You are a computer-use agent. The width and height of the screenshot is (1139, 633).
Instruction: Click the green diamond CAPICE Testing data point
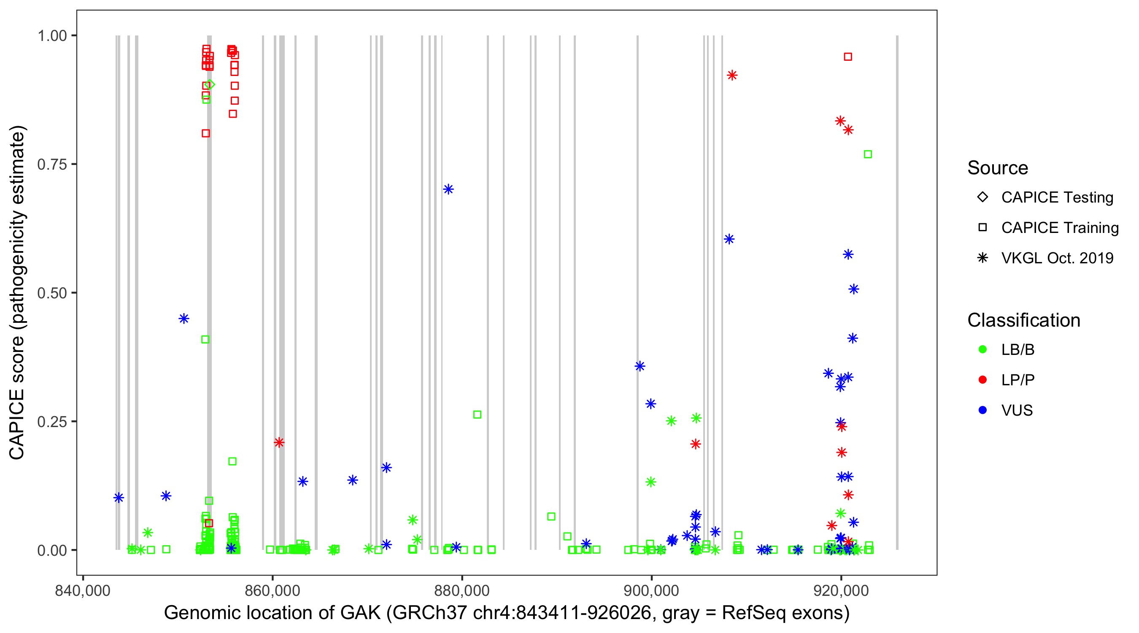point(211,84)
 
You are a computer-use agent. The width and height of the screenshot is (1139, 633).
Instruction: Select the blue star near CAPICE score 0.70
point(448,189)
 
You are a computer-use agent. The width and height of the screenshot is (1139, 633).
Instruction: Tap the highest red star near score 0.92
point(732,75)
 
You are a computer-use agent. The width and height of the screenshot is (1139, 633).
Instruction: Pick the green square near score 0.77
point(868,154)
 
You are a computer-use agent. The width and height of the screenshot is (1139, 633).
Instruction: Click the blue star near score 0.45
point(184,319)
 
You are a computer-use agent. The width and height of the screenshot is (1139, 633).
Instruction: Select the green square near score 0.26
point(477,414)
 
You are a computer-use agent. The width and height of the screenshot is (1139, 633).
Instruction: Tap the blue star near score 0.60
point(729,239)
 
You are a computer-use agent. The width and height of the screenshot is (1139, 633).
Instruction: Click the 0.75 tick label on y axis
point(52,165)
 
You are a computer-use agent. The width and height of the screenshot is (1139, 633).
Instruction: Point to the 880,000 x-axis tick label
point(462,591)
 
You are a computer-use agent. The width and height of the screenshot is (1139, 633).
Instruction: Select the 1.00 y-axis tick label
point(52,36)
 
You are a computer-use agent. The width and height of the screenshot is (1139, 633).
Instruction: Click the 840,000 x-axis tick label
point(83,591)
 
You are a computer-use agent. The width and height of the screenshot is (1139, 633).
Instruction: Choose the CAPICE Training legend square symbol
point(982,227)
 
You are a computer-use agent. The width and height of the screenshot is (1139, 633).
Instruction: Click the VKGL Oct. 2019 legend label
point(1057,258)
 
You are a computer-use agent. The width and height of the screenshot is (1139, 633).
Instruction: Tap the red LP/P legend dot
point(982,380)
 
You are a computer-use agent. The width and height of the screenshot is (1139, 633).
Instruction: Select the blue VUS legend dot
point(982,410)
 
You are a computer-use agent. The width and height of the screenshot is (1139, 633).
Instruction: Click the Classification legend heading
point(1023,320)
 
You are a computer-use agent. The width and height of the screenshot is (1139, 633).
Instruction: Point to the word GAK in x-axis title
point(360,613)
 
